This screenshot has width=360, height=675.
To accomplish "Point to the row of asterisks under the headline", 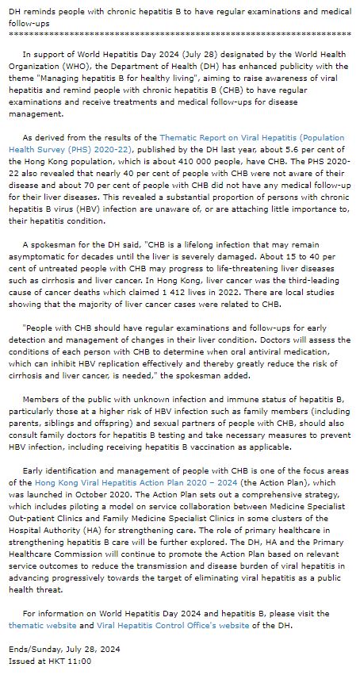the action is point(179,35).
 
